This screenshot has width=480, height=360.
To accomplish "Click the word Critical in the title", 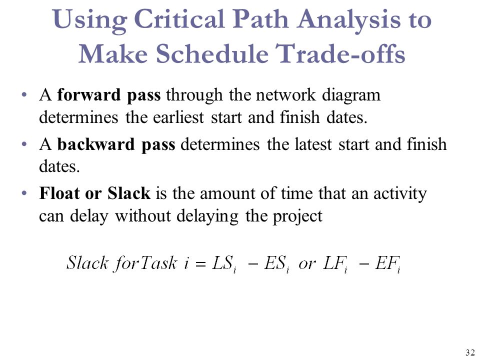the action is [x=180, y=19].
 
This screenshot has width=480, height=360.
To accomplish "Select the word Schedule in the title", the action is [x=212, y=53].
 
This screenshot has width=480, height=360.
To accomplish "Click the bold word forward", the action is [x=89, y=94].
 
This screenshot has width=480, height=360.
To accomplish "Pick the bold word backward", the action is [x=96, y=144].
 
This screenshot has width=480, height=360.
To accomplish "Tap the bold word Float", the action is [x=59, y=193].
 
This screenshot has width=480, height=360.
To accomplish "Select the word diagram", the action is [x=351, y=96].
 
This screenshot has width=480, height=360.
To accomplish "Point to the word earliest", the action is [x=178, y=117].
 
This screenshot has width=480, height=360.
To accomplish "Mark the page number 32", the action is [x=469, y=352].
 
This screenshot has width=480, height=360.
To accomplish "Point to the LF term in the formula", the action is [x=335, y=264].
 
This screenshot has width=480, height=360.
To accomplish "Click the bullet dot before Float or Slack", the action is [x=24, y=193].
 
